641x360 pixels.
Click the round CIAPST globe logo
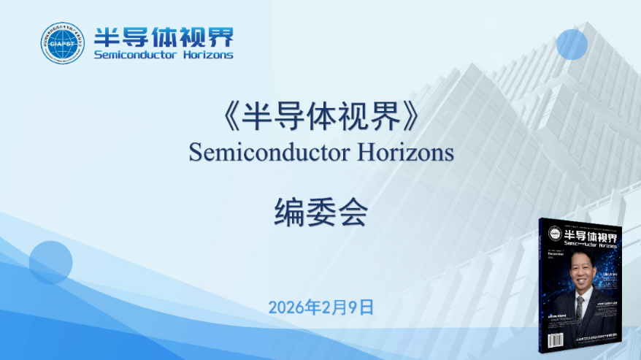click(63, 42)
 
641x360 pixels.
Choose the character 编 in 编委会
click(290, 212)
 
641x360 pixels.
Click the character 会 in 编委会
click(351, 212)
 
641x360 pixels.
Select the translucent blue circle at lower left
click(50, 263)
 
